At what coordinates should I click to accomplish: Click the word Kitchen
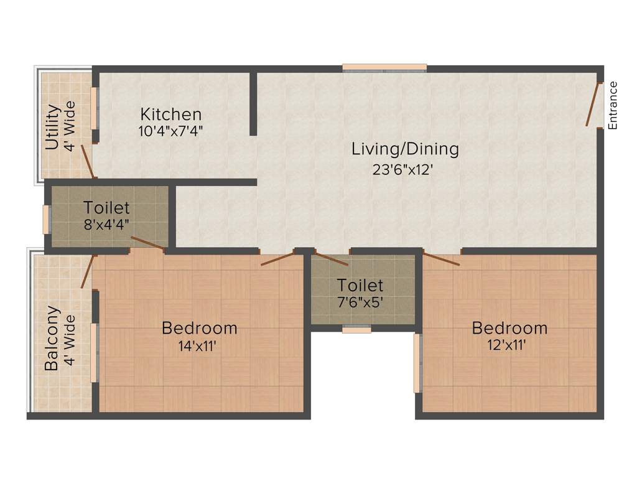[x=170, y=115]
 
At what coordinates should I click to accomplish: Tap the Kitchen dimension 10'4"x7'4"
[x=170, y=131]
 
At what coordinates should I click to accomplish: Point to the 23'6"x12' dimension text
[x=402, y=169]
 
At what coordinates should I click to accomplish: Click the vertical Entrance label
[x=613, y=105]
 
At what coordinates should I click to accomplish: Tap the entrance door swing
[x=593, y=105]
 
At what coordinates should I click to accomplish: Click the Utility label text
[x=53, y=127]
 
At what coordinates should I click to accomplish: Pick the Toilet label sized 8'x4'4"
[x=107, y=207]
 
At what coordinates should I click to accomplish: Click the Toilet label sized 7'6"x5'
[x=360, y=286]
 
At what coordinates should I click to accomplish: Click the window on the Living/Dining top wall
[x=384, y=67]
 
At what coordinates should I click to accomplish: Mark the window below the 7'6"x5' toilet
[x=356, y=329]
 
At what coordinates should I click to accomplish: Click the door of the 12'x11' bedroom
[x=441, y=259]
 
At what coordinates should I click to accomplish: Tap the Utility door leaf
[x=88, y=161]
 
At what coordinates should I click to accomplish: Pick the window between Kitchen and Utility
[x=95, y=108]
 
